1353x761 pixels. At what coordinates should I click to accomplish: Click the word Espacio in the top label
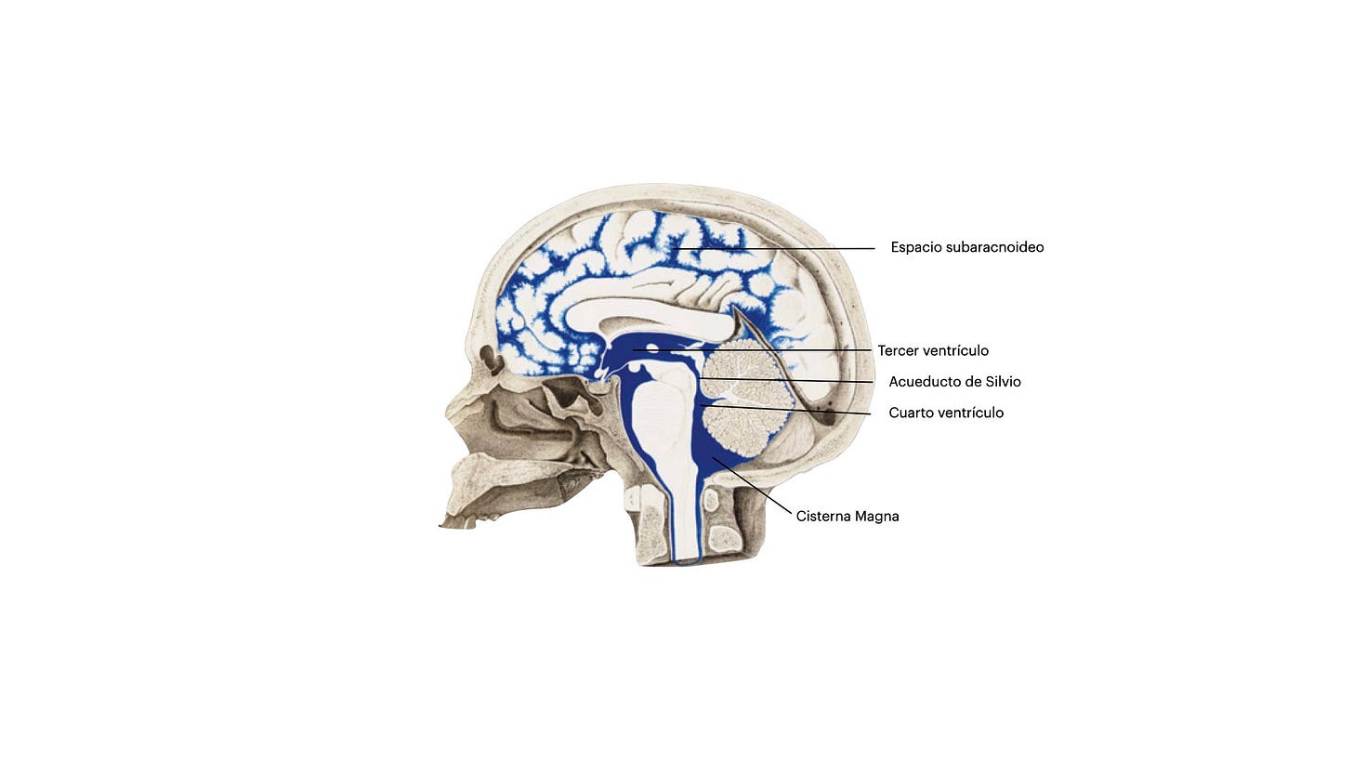pos(915,247)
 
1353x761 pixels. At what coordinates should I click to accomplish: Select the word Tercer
pos(899,351)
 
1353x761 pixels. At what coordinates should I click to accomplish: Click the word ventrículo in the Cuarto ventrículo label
pos(971,413)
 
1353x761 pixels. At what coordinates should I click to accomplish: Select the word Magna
pos(879,517)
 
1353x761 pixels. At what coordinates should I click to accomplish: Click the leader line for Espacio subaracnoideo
pos(790,248)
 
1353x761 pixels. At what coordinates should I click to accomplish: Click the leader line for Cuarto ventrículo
pos(790,410)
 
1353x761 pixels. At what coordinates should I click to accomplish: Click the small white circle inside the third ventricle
pos(652,349)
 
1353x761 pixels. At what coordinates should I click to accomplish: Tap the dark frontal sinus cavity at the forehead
pos(488,357)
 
